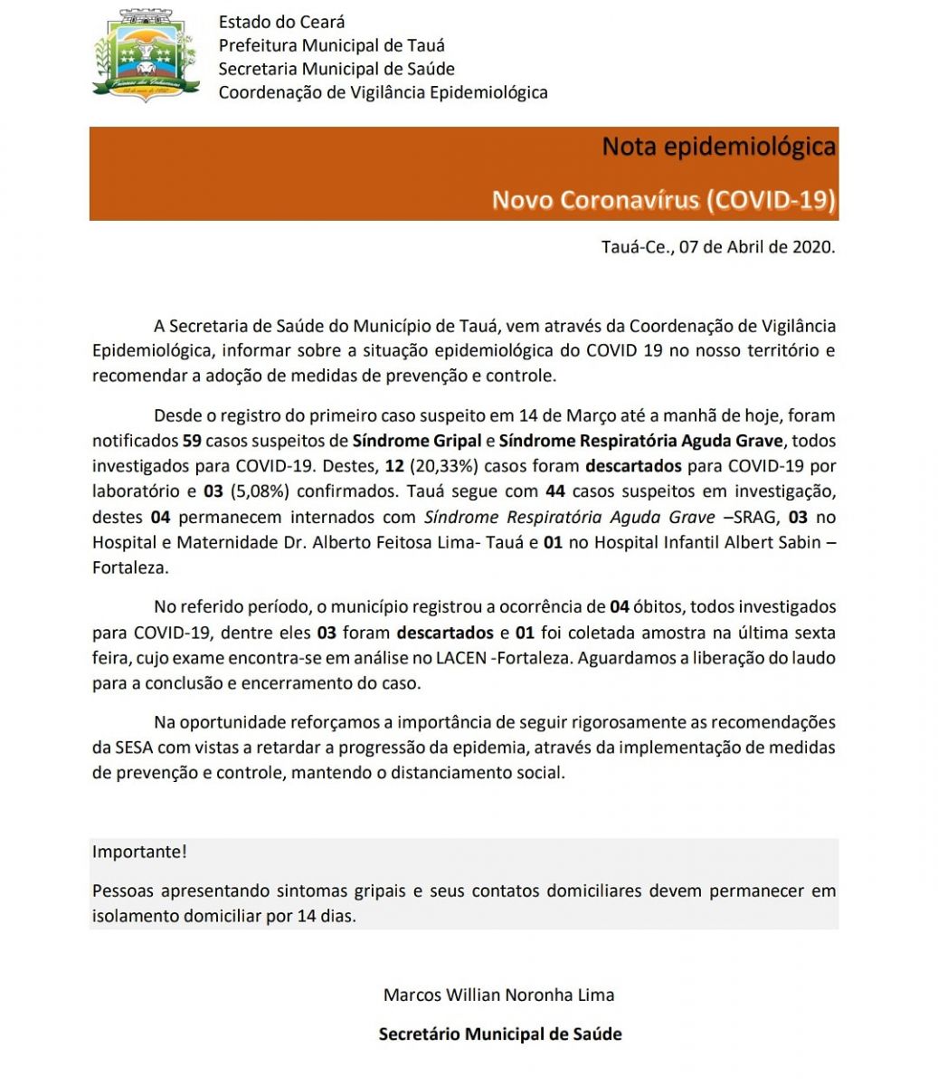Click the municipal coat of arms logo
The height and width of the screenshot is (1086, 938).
(146, 56)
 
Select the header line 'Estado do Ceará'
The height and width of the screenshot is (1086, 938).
(281, 22)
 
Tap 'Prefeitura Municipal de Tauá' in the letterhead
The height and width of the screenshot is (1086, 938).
(331, 45)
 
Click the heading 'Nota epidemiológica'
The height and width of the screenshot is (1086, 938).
(718, 147)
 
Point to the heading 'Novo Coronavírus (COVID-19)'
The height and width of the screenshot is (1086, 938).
(663, 199)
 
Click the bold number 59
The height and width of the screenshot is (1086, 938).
(192, 442)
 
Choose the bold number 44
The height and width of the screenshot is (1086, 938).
(555, 492)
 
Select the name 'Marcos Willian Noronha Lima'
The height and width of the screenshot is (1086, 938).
(498, 995)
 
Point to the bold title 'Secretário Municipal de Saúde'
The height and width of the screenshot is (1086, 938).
(500, 1034)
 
